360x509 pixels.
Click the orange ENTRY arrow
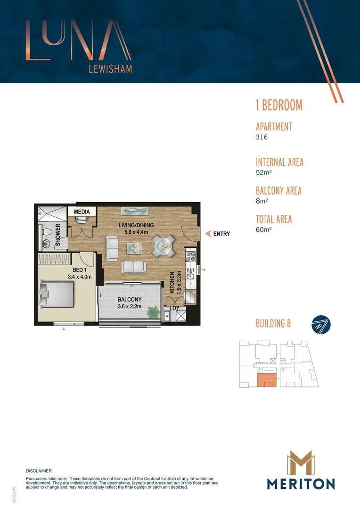click(208, 234)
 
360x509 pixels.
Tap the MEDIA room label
click(82, 212)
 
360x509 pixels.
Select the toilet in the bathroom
click(48, 232)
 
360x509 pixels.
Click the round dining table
click(163, 246)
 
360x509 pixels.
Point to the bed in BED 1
click(57, 295)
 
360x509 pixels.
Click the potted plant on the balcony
click(153, 312)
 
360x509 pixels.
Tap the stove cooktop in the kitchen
click(190, 256)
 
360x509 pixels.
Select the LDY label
click(174, 308)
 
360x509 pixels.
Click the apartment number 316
click(262, 137)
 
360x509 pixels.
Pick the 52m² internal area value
click(263, 172)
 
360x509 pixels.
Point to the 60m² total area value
click(263, 230)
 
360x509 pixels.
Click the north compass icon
click(321, 325)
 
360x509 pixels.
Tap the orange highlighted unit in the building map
click(267, 380)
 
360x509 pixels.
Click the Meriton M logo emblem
click(301, 463)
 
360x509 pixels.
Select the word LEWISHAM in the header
click(110, 69)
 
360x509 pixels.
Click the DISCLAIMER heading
click(39, 471)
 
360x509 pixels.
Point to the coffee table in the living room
click(134, 249)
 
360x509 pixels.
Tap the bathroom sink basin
click(47, 244)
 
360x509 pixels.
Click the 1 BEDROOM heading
click(279, 105)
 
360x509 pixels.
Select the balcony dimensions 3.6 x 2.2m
click(130, 306)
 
